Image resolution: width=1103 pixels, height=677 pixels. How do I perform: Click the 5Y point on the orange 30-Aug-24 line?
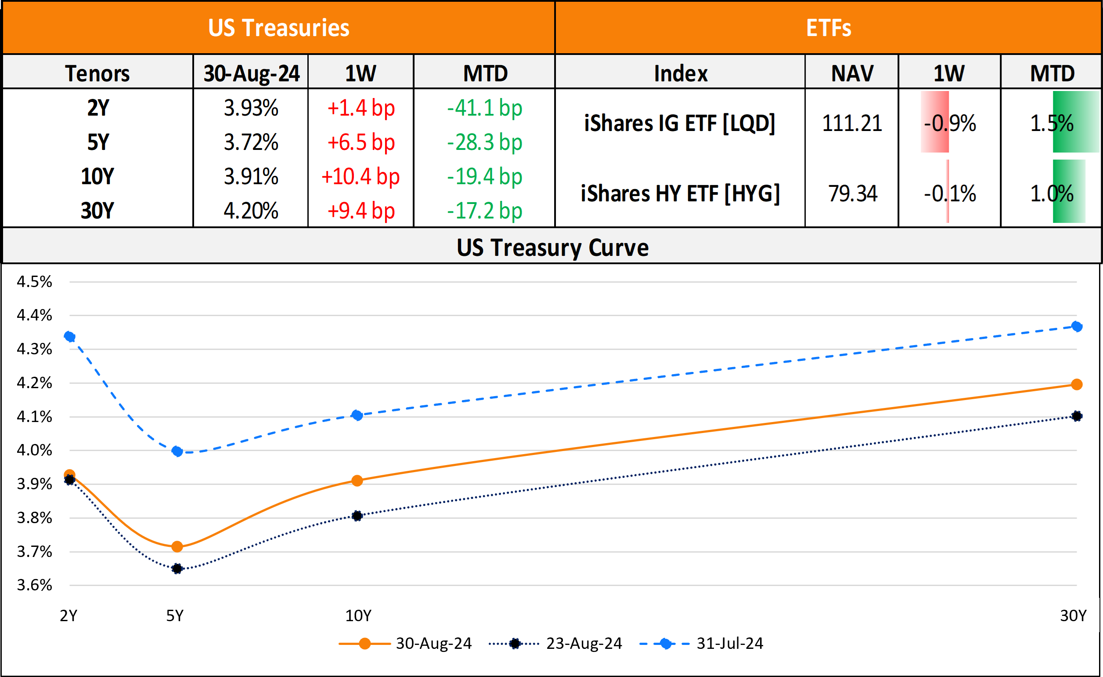[177, 546]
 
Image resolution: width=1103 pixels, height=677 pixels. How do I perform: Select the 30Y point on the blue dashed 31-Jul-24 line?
[1077, 327]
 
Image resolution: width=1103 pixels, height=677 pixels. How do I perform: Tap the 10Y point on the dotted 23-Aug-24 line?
[357, 516]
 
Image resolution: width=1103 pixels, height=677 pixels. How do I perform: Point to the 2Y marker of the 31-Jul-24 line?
[69, 336]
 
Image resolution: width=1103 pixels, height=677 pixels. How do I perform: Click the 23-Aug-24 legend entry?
[555, 644]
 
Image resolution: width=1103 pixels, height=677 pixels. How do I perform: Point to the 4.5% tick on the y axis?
[34, 282]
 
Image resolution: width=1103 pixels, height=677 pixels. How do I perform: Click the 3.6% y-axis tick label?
[34, 585]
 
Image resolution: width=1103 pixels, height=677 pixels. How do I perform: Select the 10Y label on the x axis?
[358, 616]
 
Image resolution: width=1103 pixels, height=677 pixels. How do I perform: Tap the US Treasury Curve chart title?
[552, 248]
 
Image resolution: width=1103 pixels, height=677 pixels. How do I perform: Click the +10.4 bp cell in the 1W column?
[360, 177]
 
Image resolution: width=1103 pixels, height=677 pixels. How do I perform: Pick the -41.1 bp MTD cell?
[484, 108]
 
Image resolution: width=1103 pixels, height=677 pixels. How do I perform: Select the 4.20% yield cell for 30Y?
[251, 211]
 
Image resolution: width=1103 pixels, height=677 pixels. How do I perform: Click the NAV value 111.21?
[851, 123]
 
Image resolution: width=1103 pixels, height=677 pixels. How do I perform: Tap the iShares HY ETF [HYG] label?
[680, 193]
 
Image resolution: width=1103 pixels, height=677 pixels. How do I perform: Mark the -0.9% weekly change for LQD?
[949, 123]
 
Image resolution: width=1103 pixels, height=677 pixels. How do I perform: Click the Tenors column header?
[97, 73]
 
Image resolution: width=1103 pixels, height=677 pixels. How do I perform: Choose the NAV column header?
[852, 73]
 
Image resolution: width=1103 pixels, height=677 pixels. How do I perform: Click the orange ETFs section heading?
[828, 28]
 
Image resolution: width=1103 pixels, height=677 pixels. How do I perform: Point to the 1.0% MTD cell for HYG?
[1052, 193]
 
